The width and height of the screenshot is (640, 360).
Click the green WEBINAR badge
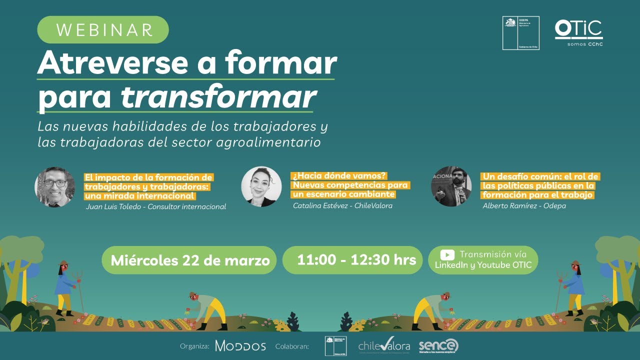point(103,29)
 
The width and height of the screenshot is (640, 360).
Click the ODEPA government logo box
point(520,33)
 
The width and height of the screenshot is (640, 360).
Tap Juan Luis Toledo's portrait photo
point(55,187)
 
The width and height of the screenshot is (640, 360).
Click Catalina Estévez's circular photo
point(261,186)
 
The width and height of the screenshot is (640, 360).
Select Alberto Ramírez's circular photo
point(451,186)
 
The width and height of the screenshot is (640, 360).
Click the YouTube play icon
point(447,254)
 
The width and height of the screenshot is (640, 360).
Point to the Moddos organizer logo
point(240,345)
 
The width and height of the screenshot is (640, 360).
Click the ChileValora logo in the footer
point(383,345)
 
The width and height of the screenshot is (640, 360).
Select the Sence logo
point(438,345)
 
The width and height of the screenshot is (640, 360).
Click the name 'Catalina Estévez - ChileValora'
point(342,205)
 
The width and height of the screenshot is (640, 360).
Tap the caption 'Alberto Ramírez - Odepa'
point(524,205)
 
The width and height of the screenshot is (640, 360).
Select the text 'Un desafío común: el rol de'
point(540,176)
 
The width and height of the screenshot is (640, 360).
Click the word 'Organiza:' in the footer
point(194,346)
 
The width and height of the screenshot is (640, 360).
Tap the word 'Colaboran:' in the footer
point(292,346)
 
